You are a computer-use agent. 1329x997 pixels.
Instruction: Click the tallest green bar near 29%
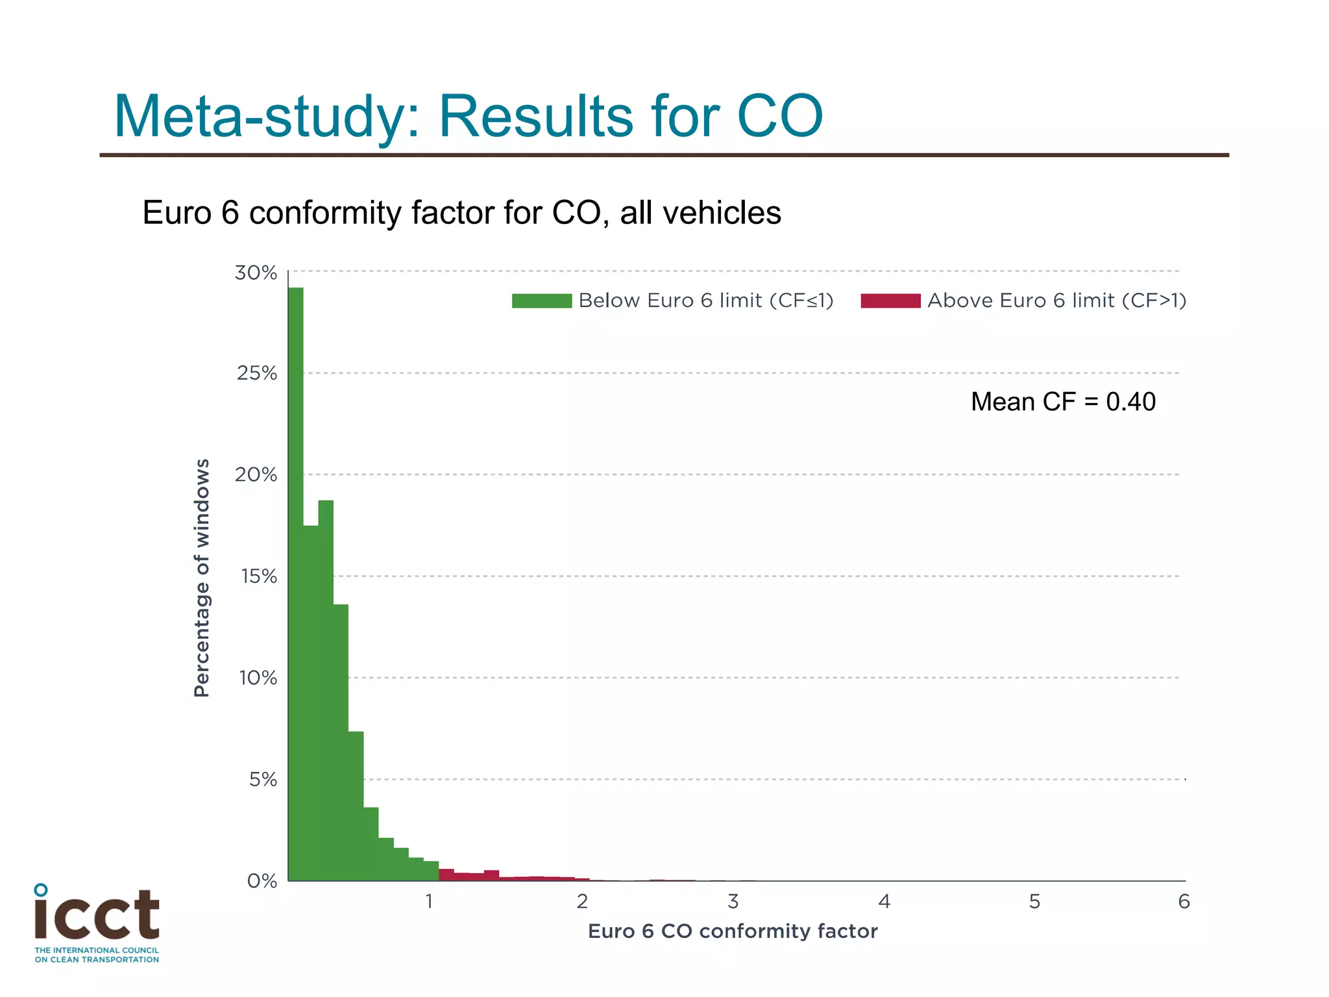[296, 584]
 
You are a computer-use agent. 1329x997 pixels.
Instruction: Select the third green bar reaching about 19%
[326, 688]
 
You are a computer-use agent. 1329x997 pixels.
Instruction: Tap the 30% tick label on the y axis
[256, 273]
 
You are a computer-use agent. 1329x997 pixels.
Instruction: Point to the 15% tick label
[259, 576]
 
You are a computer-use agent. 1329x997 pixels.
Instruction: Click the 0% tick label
[262, 881]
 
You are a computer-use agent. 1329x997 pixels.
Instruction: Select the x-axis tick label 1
[429, 902]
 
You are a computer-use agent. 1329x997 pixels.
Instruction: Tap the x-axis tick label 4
[884, 902]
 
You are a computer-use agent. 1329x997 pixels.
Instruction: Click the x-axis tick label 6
[1184, 902]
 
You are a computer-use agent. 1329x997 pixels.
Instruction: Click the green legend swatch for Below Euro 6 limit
[542, 301]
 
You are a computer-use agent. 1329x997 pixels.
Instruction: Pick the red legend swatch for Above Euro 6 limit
[890, 301]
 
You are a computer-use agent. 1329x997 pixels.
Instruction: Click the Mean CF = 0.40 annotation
[1063, 402]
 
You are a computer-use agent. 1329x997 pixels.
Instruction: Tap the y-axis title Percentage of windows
[202, 578]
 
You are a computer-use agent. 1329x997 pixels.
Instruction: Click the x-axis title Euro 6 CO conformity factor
[733, 931]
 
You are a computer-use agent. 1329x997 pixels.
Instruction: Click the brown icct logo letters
[97, 915]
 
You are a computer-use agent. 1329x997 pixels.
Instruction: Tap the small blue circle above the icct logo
[41, 889]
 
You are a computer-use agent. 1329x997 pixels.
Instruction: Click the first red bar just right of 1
[446, 875]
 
